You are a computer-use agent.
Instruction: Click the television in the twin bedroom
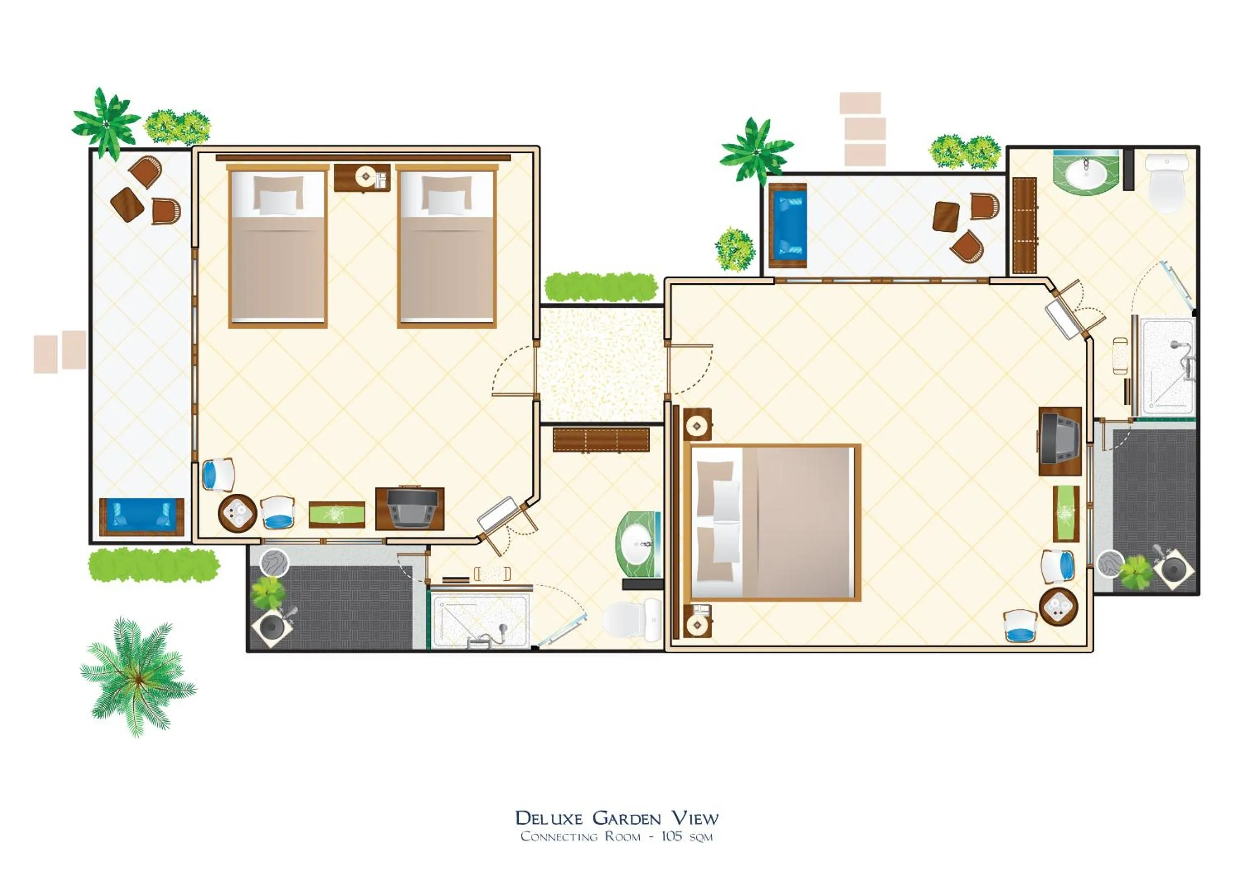pos(409,508)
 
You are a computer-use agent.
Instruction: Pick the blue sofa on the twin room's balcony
pos(141,516)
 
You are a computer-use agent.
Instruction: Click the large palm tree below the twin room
pos(137,676)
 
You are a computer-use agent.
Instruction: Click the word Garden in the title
pos(626,818)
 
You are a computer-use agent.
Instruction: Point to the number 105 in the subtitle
pos(671,837)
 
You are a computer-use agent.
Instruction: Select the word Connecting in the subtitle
pos(558,837)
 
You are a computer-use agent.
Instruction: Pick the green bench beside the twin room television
pos(337,515)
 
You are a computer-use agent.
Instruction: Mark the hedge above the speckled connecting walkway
pos(601,287)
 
